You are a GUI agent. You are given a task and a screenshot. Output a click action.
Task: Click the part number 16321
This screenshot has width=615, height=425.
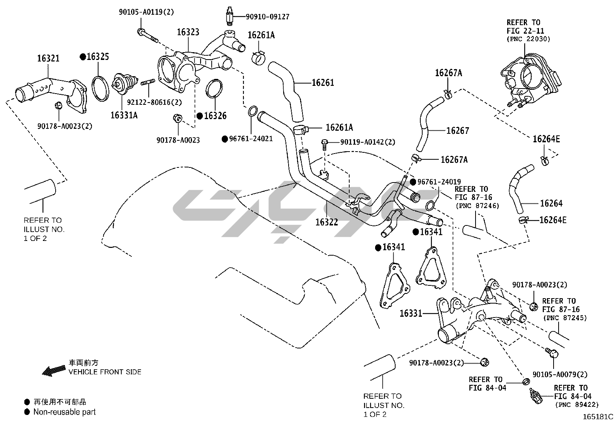tap(48, 58)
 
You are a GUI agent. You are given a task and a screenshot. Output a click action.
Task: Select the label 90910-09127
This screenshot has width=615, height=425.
tap(267, 17)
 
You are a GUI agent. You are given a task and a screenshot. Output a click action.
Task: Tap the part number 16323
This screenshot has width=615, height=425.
tap(188, 32)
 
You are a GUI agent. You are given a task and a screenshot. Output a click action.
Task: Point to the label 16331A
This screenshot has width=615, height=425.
tap(124, 115)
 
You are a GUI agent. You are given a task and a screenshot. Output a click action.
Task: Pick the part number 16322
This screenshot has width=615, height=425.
tap(326, 222)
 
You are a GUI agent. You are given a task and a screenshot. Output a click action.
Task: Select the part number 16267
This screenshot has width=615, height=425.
tap(457, 131)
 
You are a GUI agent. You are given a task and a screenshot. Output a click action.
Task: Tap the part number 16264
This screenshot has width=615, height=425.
tap(551, 203)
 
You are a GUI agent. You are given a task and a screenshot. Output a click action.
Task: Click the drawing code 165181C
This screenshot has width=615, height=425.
tap(598, 417)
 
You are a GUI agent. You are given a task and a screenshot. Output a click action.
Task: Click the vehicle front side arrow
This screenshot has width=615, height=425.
tap(53, 370)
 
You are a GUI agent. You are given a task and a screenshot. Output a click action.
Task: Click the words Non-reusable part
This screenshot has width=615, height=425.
tap(65, 412)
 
